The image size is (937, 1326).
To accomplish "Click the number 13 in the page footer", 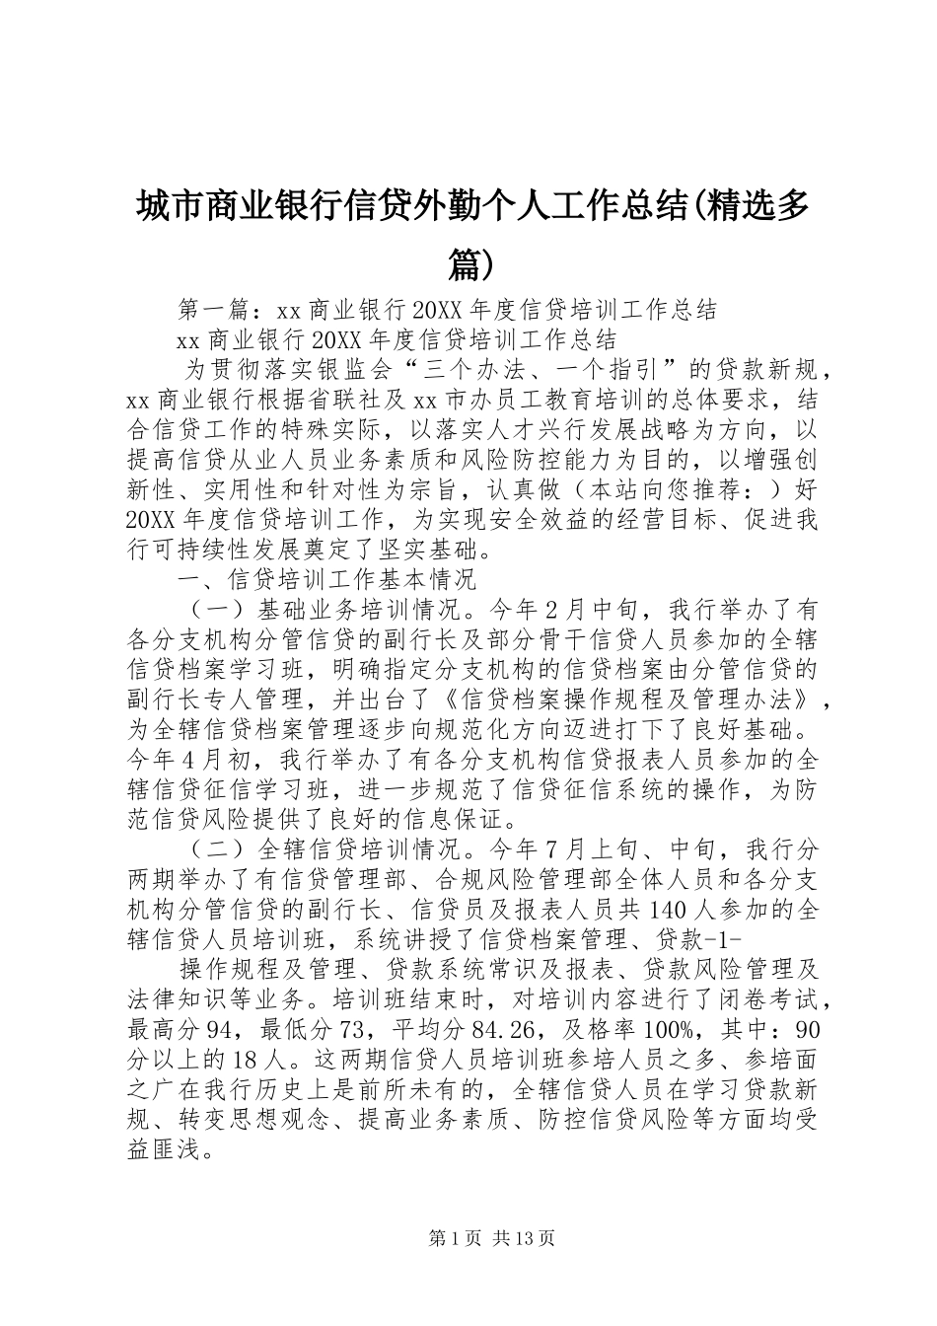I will [527, 1237].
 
